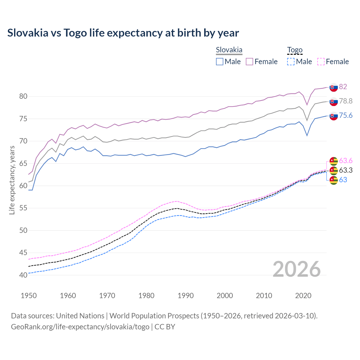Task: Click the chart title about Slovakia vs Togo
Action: [123, 33]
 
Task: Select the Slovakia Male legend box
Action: [220, 62]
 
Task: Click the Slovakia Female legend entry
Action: [262, 62]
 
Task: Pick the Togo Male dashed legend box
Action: [291, 62]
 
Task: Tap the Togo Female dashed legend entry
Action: [333, 62]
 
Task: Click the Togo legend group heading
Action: [294, 50]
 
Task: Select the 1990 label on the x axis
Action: [186, 296]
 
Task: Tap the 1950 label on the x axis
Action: [29, 296]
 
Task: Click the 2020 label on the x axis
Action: [303, 296]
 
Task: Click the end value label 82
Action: [343, 87]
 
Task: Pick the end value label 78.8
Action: [346, 101]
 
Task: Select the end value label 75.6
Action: [346, 116]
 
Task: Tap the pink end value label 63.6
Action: [346, 161]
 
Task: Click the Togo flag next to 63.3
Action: [334, 170]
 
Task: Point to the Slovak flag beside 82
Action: [334, 87]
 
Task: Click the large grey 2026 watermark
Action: [296, 269]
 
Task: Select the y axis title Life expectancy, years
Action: [12, 180]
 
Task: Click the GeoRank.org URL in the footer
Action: [80, 327]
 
